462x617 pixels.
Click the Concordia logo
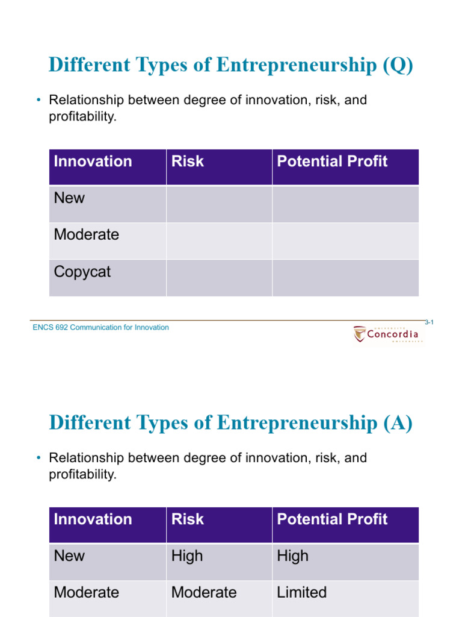point(388,334)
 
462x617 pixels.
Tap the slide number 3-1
point(430,322)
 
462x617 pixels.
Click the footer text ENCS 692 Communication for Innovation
point(101,327)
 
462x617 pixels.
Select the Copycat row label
point(82,272)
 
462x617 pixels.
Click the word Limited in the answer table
point(301,592)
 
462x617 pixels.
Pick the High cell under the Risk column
point(187,556)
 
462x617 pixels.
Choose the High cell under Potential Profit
point(292,556)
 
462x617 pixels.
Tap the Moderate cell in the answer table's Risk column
point(204,592)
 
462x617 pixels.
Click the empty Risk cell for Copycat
point(219,278)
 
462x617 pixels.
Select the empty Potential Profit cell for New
point(345,204)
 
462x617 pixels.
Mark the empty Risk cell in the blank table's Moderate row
point(219,241)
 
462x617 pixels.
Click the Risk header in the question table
point(188,161)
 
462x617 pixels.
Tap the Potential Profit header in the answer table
point(332,519)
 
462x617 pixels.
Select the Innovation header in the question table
point(93,161)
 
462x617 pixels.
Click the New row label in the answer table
point(69,556)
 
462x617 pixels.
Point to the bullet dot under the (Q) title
point(37,100)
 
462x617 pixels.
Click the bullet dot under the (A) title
point(37,458)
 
